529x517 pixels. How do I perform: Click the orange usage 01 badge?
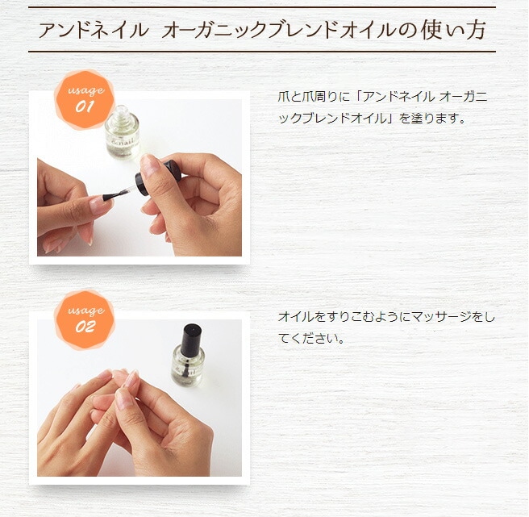[x=85, y=99]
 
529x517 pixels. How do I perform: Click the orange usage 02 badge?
[x=85, y=319]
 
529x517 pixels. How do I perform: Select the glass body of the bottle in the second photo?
[x=188, y=367]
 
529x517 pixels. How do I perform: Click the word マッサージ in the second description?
[x=434, y=317]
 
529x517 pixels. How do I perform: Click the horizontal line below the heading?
[x=261, y=52]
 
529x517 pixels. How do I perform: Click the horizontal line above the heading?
[x=261, y=7]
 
